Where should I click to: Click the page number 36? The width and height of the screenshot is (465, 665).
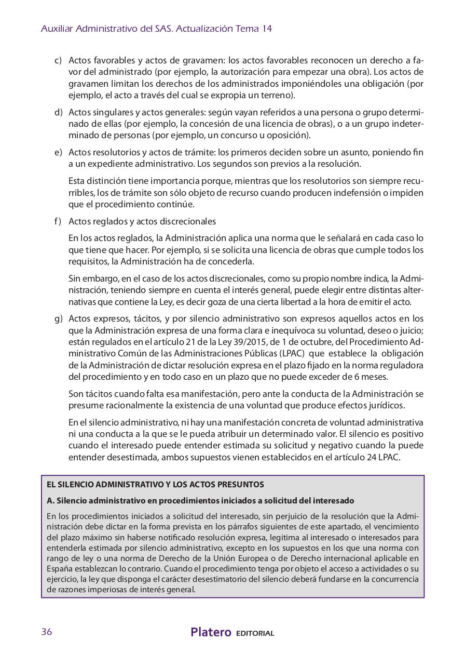(46, 632)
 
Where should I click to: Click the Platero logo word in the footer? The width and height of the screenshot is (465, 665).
(211, 632)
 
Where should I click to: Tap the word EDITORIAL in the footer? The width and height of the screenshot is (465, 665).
(255, 633)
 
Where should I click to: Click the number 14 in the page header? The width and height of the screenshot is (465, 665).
(267, 29)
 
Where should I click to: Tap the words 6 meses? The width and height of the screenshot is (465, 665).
(372, 377)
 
